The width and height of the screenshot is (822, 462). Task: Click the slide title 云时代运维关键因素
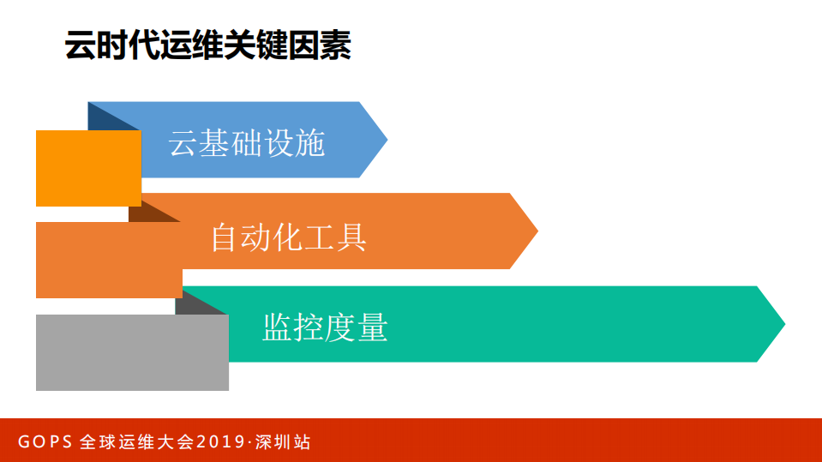pos(208,46)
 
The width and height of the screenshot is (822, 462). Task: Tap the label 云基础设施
pos(247,143)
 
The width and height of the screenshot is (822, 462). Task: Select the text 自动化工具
pos(289,237)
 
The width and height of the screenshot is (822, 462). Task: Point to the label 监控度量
pos(325,327)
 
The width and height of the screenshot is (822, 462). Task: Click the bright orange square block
pos(88,168)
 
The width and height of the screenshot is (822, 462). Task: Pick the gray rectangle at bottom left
pos(132,352)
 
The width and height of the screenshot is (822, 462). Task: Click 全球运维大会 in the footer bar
pos(136,442)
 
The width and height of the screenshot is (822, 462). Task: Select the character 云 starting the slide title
pos(80,46)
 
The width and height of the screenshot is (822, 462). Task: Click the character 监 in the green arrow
pos(278,327)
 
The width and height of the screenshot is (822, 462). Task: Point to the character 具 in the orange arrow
pos(352,237)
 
